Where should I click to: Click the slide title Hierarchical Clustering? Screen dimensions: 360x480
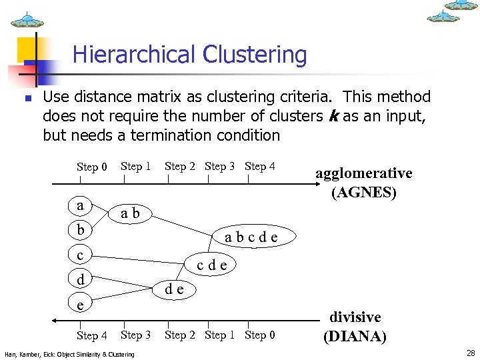189,55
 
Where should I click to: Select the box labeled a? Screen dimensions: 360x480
81,205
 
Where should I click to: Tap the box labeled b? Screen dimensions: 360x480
81,230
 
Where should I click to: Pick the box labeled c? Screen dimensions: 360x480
81,255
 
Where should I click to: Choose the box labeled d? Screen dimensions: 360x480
81,279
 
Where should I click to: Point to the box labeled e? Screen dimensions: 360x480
81,304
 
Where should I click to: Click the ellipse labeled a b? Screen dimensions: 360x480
130,213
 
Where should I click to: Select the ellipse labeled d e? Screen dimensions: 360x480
175,289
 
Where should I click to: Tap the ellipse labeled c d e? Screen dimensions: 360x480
212,265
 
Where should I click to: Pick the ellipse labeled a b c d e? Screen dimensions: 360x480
251,237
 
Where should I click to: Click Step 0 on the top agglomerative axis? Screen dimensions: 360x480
91,167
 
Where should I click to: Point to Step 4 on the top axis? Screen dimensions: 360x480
260,166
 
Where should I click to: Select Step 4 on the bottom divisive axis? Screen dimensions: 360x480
91,335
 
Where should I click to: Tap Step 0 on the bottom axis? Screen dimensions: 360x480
260,335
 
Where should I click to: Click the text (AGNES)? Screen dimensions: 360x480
364,193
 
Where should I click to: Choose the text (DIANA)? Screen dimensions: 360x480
355,336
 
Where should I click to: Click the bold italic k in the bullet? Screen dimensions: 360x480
333,116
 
